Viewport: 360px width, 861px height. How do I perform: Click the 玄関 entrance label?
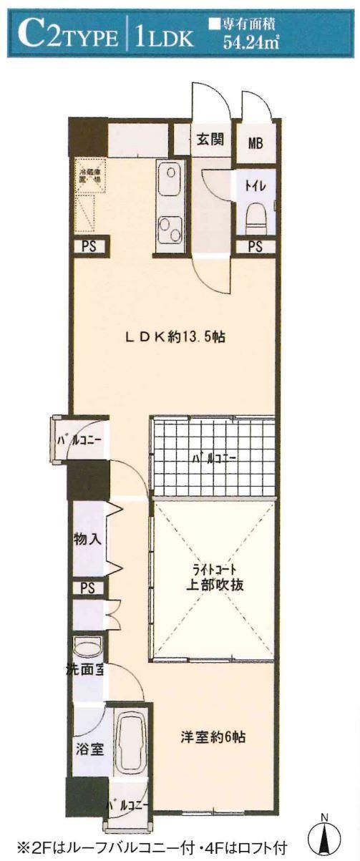(211, 139)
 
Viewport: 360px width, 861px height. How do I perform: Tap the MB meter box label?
(256, 142)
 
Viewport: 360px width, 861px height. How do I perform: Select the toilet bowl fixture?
(256, 215)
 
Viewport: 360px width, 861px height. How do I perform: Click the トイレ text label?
(256, 186)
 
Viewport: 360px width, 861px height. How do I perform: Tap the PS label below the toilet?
(256, 247)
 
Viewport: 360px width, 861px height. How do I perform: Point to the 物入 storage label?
(88, 539)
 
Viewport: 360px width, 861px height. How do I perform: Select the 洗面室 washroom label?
(89, 673)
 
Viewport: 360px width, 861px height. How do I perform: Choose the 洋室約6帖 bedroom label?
(213, 737)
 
